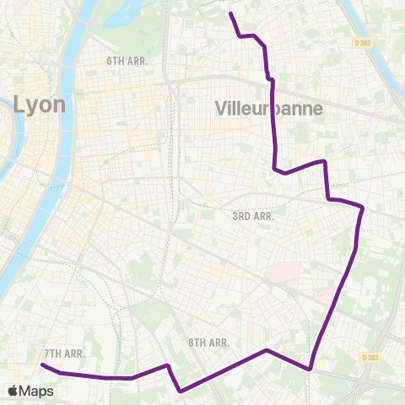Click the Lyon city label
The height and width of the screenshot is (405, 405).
[x=33, y=105]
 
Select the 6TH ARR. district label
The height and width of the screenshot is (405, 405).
[x=127, y=62]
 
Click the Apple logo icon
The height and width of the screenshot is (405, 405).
[x=13, y=391]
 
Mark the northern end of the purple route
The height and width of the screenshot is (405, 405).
[x=230, y=13]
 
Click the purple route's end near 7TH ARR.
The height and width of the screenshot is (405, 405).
[x=42, y=365]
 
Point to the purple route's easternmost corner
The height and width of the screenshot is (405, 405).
[x=363, y=207]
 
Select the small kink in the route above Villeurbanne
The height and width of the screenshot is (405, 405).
[x=270, y=79]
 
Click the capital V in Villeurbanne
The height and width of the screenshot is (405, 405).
[x=222, y=109]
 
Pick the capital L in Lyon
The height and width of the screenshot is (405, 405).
[x=19, y=105]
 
